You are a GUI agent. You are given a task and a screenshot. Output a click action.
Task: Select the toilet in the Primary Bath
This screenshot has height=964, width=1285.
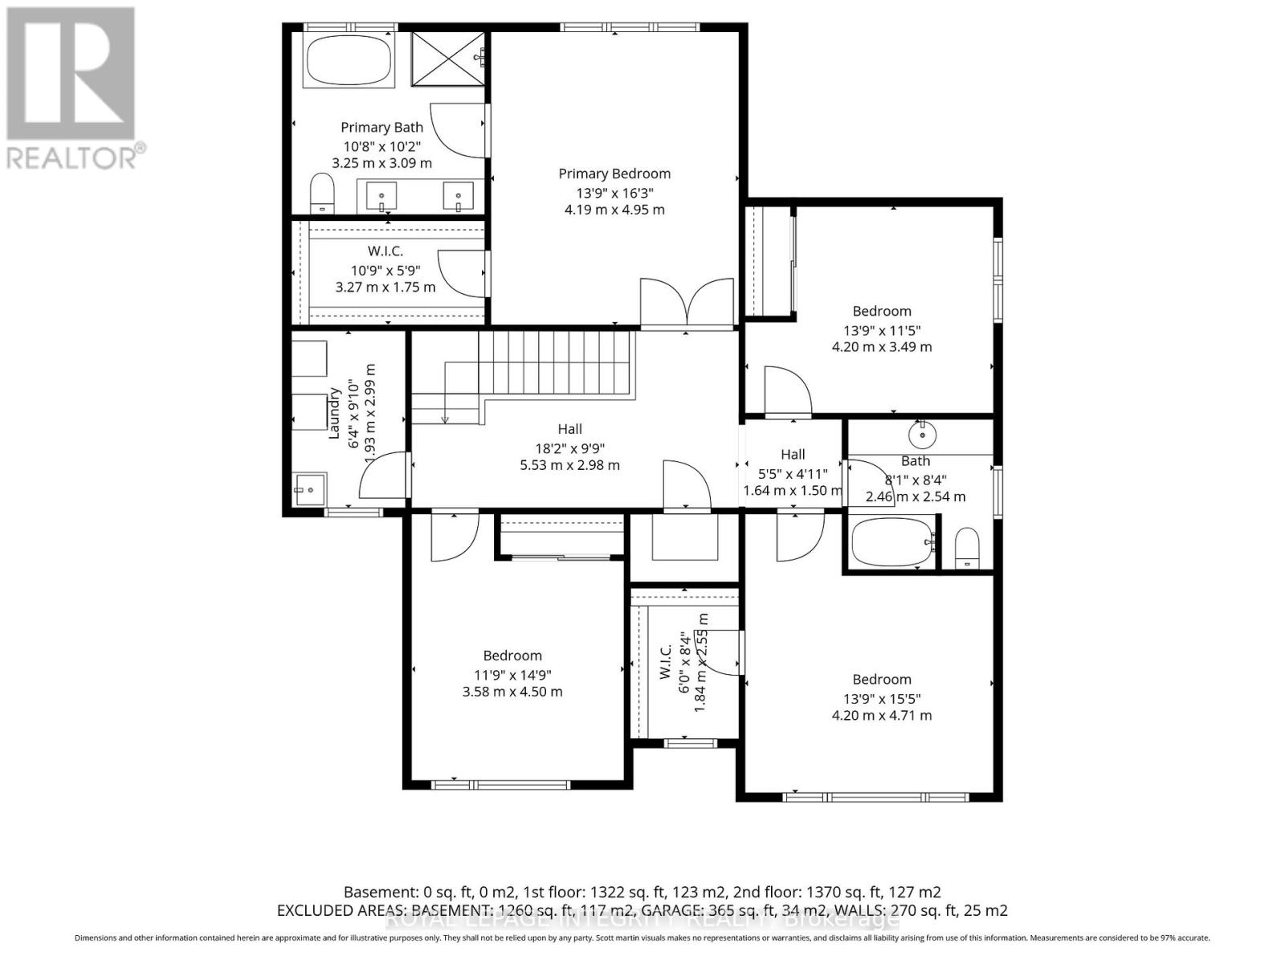(322, 194)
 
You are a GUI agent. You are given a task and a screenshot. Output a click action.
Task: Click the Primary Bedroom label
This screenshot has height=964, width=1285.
(614, 174)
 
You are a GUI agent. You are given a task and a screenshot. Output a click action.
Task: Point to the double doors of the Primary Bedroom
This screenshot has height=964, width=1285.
(687, 304)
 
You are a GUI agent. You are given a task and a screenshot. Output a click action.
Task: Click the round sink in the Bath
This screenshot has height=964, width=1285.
(923, 435)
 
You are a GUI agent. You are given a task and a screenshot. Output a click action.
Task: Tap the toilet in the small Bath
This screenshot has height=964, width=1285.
(966, 548)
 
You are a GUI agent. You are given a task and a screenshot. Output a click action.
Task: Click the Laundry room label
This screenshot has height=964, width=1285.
(336, 413)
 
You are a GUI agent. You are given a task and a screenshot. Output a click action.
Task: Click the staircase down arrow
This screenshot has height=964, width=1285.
(444, 418)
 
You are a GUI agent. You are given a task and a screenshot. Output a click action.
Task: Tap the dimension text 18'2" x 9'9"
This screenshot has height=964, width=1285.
(569, 448)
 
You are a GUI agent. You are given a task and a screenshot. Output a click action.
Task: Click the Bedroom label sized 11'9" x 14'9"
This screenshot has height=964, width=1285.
(512, 656)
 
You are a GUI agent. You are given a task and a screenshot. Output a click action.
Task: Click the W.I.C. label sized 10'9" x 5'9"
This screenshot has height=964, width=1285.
(385, 251)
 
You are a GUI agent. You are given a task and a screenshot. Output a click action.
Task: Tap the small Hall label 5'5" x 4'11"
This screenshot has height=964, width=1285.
(793, 455)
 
